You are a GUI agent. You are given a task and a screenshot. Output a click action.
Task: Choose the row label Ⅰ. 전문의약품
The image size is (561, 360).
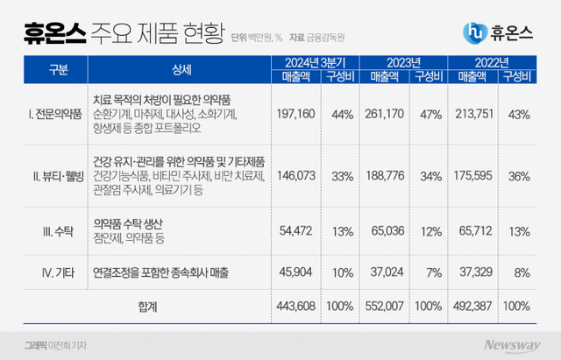pyautogui.click(x=54, y=114)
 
